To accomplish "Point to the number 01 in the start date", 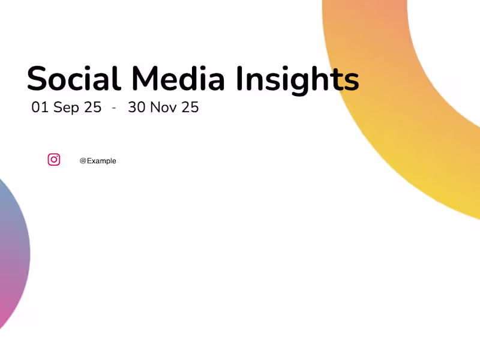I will (40, 107).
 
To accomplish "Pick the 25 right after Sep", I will (92, 107).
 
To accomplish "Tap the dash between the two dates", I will (114, 108).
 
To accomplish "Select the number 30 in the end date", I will (137, 107).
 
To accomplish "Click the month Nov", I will (163, 107).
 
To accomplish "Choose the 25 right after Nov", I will (190, 107).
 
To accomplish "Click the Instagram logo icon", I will (54, 160).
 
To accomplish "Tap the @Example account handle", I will (98, 161).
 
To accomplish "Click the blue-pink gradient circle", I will (12, 252).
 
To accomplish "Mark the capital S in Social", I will (37, 79).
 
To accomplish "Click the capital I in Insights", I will (239, 79).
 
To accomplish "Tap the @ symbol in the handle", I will (83, 161).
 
